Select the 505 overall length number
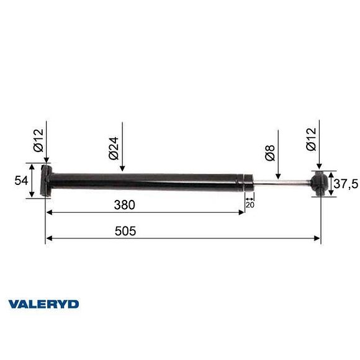click(x=125, y=231)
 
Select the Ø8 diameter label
click(x=270, y=153)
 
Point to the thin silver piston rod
click(x=279, y=182)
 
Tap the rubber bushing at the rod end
click(x=320, y=183)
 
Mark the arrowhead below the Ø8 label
click(x=280, y=176)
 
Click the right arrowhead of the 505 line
click(x=318, y=238)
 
